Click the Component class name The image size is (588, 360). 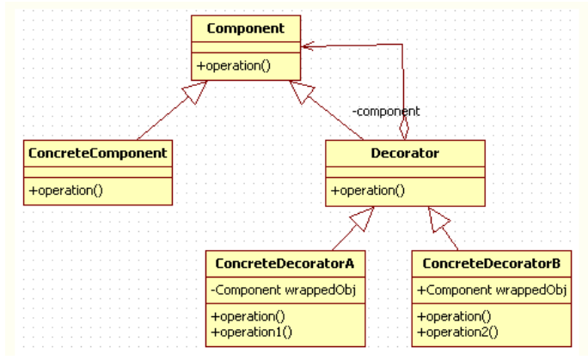[x=245, y=28]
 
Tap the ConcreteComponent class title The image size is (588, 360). [x=97, y=153]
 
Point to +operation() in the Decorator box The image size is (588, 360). [x=367, y=190]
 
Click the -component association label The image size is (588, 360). [x=386, y=111]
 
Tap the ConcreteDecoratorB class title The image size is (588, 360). [x=492, y=262]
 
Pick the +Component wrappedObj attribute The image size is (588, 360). [x=491, y=290]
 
